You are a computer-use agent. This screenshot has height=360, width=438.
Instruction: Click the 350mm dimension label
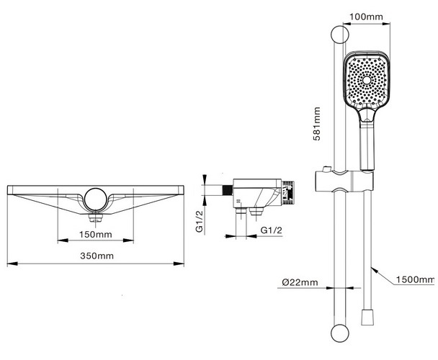[x=96, y=256]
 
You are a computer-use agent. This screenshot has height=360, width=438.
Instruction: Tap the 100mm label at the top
[x=365, y=15]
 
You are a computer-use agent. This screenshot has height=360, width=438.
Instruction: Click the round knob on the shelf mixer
[x=96, y=198]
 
